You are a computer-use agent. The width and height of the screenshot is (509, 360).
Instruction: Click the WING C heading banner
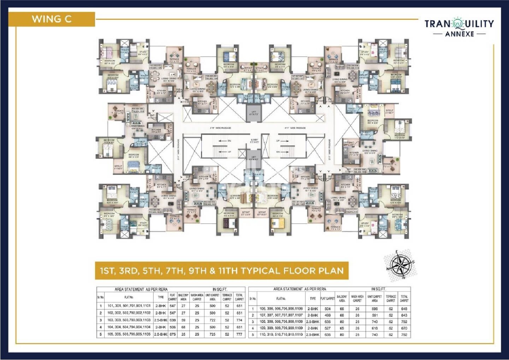coord(52,19)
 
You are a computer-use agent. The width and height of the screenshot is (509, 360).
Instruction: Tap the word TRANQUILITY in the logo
coord(459,24)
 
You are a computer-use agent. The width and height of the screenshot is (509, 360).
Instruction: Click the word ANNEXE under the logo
coord(460,34)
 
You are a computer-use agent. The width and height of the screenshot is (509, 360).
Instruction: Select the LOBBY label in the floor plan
coord(254,140)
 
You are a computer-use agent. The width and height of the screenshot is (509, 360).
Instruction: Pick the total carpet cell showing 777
coord(239,334)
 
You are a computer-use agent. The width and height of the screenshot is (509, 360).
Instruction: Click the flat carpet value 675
coord(172,334)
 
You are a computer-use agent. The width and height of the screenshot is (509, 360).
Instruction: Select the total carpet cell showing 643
coord(404,315)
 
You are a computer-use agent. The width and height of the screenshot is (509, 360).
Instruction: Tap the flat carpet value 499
coord(327,315)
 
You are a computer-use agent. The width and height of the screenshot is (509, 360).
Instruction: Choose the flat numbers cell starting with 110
coord(281,335)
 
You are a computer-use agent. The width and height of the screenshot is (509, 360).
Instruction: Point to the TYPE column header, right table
coord(313,299)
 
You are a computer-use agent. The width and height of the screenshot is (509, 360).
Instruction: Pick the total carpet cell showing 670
coord(404,328)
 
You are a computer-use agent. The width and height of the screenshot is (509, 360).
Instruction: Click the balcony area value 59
coord(183,320)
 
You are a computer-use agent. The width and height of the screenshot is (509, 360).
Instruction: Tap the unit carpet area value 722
coord(212,320)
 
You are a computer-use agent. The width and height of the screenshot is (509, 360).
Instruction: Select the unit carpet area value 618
coord(374,328)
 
